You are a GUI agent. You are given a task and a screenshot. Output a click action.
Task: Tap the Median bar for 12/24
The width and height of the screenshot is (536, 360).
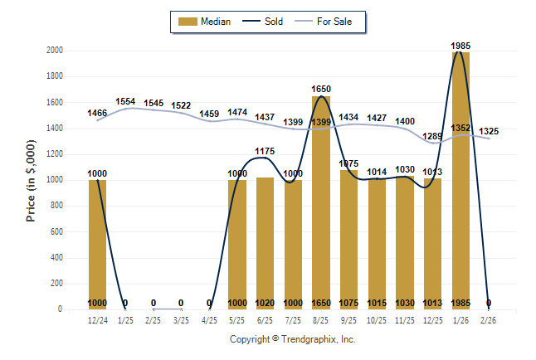97,245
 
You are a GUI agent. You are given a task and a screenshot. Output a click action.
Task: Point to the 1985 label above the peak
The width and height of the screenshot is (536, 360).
461,46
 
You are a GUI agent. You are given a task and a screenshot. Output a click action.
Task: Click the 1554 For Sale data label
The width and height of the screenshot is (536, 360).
125,101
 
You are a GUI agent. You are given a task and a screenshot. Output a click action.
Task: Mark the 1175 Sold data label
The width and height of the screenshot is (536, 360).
265,151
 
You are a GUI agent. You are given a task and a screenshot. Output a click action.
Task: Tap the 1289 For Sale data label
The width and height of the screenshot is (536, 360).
433,136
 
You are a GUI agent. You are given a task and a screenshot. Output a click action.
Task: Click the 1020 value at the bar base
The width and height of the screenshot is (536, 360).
265,303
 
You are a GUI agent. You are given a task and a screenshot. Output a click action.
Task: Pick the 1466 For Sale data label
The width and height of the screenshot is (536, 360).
97,112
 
